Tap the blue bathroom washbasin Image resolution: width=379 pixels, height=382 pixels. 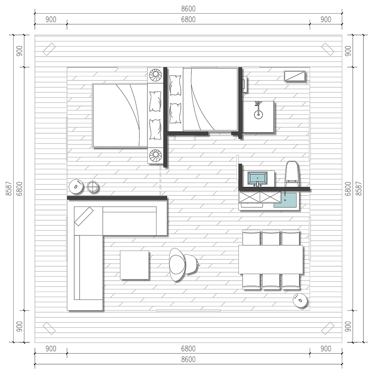(x=257, y=178)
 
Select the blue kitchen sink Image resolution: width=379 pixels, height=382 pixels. (x=285, y=200)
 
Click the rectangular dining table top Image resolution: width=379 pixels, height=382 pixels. (x=271, y=259)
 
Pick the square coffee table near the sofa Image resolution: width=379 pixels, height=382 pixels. (x=134, y=265)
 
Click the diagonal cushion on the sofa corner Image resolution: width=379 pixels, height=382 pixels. (x=84, y=216)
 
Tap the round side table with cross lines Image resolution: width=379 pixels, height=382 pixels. (x=92, y=187)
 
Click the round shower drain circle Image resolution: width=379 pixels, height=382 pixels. (x=258, y=114)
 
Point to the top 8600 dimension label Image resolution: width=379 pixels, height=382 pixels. (x=188, y=9)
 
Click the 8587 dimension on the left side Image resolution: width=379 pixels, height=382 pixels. (x=9, y=189)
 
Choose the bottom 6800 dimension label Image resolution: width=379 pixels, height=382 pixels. (x=188, y=349)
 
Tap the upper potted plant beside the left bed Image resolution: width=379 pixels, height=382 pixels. (x=155, y=75)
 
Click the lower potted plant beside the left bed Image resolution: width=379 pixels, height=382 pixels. (x=155, y=155)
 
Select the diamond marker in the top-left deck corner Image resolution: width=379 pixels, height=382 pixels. (x=49, y=49)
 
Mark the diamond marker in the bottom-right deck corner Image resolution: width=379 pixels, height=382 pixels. (x=328, y=328)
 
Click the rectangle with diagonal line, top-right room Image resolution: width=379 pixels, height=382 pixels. (x=294, y=76)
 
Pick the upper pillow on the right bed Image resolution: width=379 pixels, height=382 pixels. (x=175, y=85)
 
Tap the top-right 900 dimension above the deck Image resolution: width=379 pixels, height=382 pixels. (x=326, y=19)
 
